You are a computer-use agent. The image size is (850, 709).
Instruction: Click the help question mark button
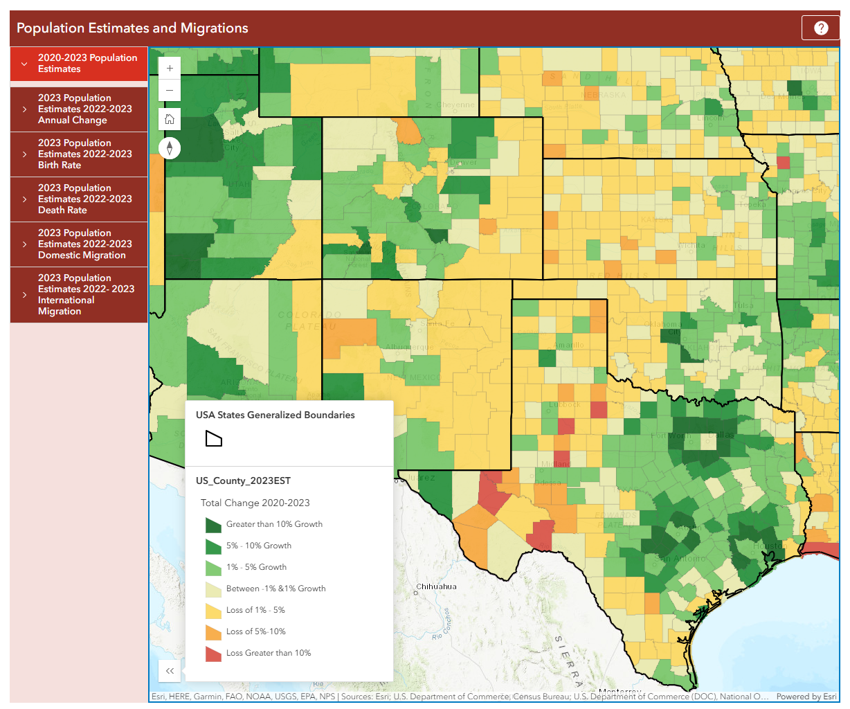820,28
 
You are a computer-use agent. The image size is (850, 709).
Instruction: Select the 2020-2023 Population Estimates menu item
79,64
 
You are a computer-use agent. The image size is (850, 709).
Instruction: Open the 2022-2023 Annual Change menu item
79,109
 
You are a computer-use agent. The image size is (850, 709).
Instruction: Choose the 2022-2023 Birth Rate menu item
79,154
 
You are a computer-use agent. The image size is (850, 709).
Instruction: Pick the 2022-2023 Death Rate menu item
79,199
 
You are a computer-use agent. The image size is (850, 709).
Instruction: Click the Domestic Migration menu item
79,244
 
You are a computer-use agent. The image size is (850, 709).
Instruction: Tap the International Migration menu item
79,295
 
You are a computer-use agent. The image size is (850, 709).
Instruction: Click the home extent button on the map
170,119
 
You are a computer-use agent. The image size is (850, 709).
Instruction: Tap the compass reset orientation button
170,148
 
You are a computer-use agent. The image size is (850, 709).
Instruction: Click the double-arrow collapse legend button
170,670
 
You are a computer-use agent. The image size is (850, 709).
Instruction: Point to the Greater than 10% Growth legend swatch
213,525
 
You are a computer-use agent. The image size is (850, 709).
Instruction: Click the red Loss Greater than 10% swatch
213,654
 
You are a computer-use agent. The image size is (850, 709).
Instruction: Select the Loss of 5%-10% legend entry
255,631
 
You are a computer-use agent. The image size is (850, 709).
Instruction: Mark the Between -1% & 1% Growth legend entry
275,589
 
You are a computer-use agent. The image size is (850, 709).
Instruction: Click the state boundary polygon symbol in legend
214,439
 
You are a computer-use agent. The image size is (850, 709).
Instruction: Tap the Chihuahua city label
436,586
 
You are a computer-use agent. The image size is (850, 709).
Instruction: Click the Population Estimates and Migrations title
132,28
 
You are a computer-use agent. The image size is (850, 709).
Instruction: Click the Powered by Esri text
806,697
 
